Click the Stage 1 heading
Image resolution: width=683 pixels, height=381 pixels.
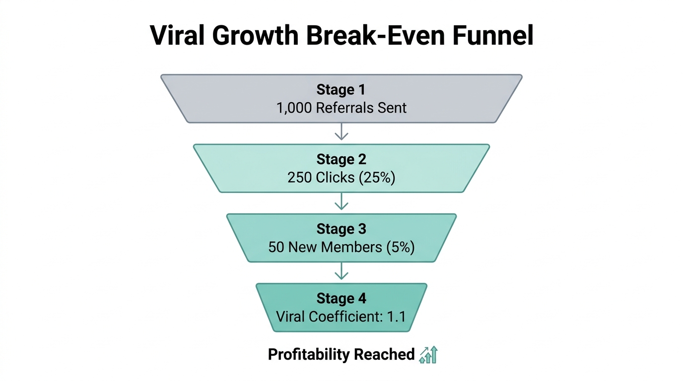[x=341, y=90]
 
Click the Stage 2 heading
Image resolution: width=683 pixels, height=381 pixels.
[x=341, y=159]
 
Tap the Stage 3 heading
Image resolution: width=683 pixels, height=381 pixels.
[x=341, y=229]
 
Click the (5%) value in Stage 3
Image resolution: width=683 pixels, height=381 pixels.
[x=400, y=247]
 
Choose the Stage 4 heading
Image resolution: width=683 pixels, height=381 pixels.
[x=341, y=299]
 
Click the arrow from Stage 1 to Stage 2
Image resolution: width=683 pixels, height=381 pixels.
[x=341, y=132]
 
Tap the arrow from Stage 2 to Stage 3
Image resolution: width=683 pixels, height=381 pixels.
[x=341, y=202]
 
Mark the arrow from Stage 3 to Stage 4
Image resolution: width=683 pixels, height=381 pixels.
[x=341, y=271]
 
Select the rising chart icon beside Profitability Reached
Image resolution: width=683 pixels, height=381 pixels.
[x=428, y=354]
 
